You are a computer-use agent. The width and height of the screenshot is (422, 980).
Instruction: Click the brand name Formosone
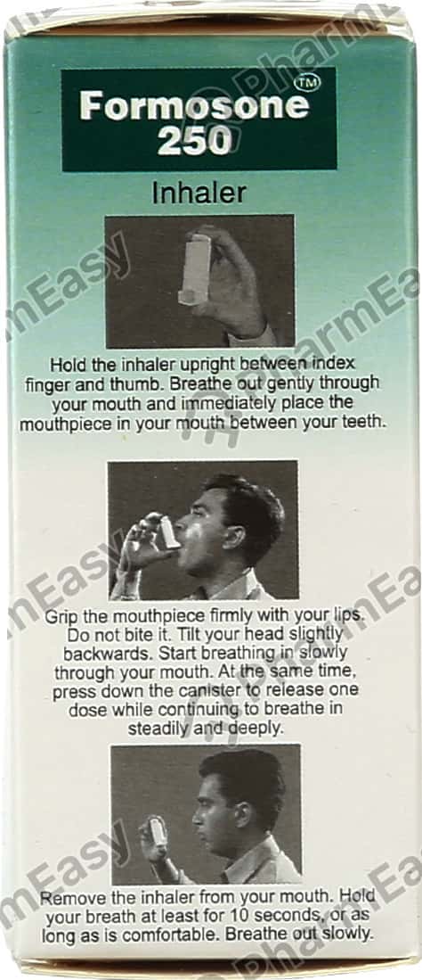(193, 106)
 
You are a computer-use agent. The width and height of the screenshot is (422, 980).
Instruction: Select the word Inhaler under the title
(199, 193)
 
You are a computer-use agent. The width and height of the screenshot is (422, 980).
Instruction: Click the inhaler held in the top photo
(195, 268)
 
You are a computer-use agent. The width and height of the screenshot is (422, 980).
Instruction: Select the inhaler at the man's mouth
(167, 532)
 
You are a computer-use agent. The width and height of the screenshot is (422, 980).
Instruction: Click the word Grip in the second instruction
(61, 616)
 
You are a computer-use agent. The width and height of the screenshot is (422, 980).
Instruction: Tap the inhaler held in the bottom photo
(158, 832)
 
